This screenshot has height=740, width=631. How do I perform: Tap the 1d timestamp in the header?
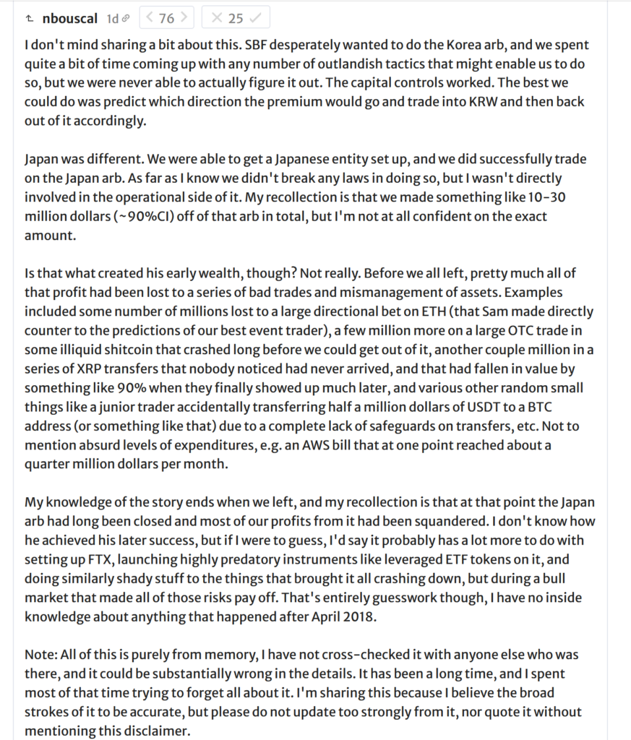click(x=113, y=17)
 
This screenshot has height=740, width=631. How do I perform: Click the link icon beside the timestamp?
click(x=126, y=17)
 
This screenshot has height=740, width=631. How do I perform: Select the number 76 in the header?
click(x=166, y=17)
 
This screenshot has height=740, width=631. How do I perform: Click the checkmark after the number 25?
click(x=255, y=17)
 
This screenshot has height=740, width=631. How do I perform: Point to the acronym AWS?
click(x=328, y=445)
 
